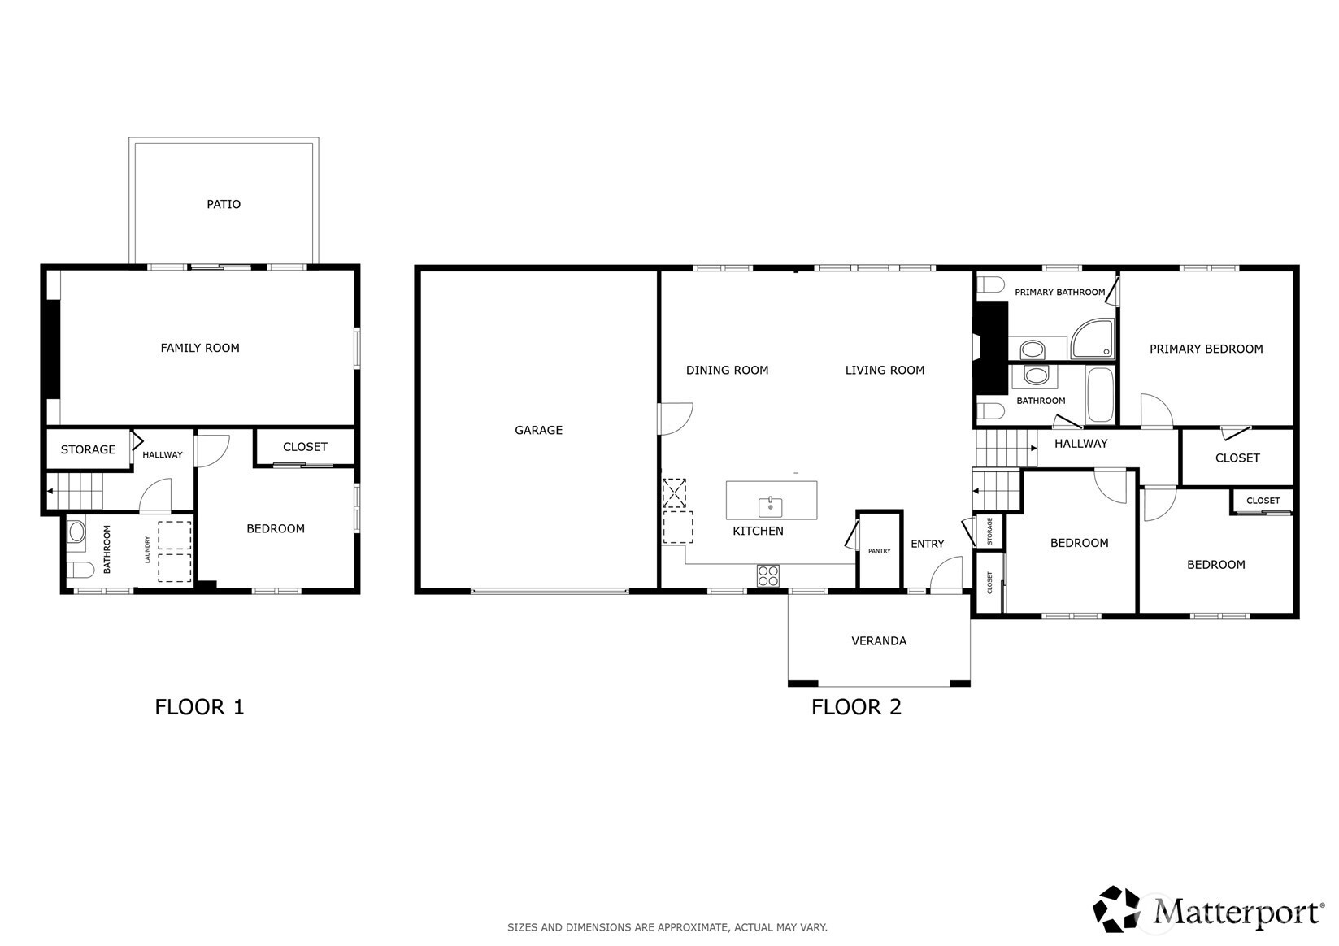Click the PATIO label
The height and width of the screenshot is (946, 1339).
[x=224, y=204]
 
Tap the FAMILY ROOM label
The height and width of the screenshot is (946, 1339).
[x=200, y=348]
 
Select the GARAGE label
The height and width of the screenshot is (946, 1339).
[x=538, y=430]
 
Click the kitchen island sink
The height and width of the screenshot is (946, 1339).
[x=771, y=507]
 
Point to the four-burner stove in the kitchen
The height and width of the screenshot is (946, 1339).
[x=767, y=575]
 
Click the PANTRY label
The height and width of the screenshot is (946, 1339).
[x=880, y=551]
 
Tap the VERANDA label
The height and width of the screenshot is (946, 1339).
[x=879, y=641]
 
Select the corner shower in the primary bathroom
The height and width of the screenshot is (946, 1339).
[x=1093, y=339]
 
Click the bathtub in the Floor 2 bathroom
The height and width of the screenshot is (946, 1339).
[x=1100, y=395]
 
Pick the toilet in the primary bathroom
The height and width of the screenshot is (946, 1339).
[x=990, y=284]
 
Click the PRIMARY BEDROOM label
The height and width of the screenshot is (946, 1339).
[x=1206, y=349]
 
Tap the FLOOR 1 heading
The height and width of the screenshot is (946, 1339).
[x=200, y=707]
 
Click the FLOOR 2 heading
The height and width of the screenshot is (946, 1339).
[x=856, y=707]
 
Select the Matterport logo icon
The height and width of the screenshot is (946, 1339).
[x=1116, y=909]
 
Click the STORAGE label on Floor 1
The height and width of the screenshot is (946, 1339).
[x=88, y=449]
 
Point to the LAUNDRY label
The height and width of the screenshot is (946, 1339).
[x=147, y=549]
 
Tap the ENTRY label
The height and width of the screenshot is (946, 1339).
[x=927, y=544]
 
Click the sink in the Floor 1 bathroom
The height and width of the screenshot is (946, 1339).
[x=76, y=532]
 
